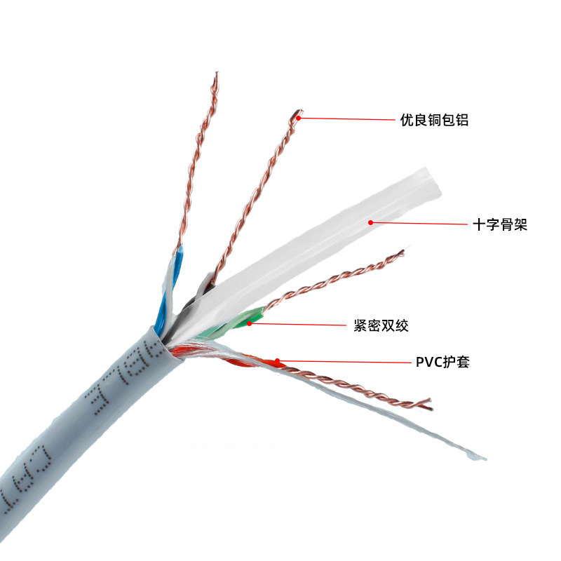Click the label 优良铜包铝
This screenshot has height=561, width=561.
[x=433, y=120]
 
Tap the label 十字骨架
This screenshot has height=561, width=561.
[x=500, y=225]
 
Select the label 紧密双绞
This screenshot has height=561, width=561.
[x=381, y=325]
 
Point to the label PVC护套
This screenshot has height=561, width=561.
[x=442, y=363]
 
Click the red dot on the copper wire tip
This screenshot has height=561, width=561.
[x=299, y=118]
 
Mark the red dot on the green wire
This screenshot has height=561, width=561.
[x=250, y=323]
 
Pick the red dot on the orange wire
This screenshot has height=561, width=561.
[x=278, y=361]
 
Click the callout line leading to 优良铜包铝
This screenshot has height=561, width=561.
[x=347, y=119]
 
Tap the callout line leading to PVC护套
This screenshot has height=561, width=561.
[x=344, y=362]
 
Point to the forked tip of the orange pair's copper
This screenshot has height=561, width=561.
[x=427, y=404]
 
